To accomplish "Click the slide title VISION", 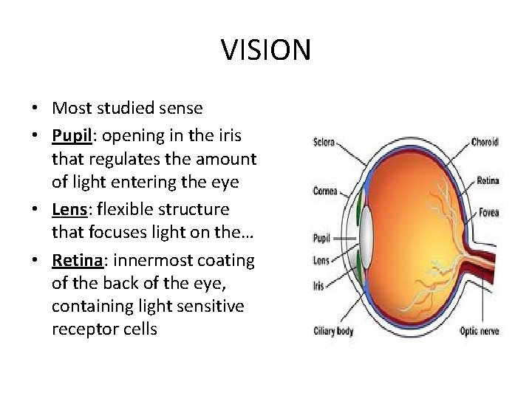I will pos(266,50).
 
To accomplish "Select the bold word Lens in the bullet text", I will pos(69,209).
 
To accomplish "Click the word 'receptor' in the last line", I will pos(82,329).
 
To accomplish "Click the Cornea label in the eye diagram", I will pos(325,191).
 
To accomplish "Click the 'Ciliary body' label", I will pos(333,330).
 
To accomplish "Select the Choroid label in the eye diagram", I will pos(485,142).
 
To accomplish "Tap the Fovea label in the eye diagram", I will pos(488,213).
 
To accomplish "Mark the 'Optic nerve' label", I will pos(481,330).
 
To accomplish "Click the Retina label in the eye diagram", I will pos(488,180).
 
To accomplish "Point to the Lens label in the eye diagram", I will pos(321,260).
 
